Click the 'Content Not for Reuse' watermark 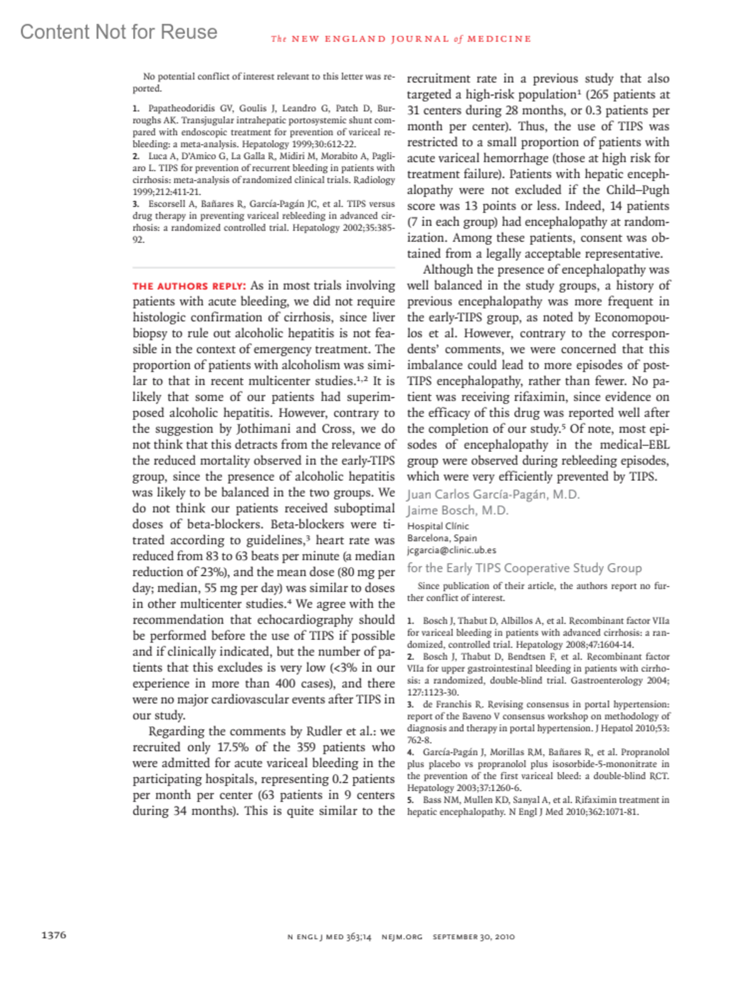pos(118,32)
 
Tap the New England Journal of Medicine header pos(401,39)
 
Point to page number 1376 pos(54,935)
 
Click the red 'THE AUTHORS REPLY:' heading pos(189,286)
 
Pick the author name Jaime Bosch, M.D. pos(457,510)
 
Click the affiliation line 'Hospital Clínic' pos(438,526)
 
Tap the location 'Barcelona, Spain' pos(442,538)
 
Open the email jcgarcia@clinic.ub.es pos(451,550)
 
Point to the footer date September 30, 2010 pos(474,937)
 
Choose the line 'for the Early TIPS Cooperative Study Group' pos(525,568)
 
